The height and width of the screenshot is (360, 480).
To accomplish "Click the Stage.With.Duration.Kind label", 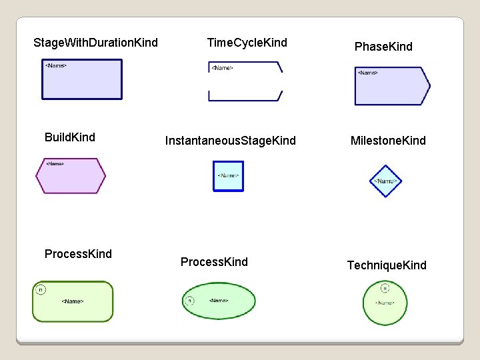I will point(95,43).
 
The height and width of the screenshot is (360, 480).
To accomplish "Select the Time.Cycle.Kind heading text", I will point(247,43).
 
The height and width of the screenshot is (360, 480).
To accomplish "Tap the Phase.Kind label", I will point(383,47).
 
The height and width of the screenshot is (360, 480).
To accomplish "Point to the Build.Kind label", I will point(70,137).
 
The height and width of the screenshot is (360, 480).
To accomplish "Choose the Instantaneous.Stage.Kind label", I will point(230,141).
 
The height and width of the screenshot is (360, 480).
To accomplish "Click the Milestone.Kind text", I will point(388,141).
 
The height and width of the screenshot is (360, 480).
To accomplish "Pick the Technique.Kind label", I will point(387,265).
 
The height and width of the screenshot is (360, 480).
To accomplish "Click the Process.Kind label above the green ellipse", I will point(214,262).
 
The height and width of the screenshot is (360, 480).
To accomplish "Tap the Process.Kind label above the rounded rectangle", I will point(78,253).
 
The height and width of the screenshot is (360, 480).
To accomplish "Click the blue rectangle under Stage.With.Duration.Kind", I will point(83,79).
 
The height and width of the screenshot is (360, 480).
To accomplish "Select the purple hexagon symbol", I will point(70,176).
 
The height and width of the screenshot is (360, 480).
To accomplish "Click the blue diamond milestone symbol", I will point(385,181).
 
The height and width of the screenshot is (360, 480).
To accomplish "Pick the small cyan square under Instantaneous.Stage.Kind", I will point(228,176).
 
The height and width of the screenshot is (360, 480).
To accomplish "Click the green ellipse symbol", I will point(219,301).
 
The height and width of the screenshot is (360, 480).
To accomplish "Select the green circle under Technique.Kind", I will point(385,303).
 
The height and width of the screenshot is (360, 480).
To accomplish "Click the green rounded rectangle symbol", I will point(73,301).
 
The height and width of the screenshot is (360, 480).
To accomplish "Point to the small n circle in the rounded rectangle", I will point(41,289).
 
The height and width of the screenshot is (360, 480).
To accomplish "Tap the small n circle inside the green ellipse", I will point(189,301).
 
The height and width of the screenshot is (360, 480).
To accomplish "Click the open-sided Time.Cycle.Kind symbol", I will point(245,81).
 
